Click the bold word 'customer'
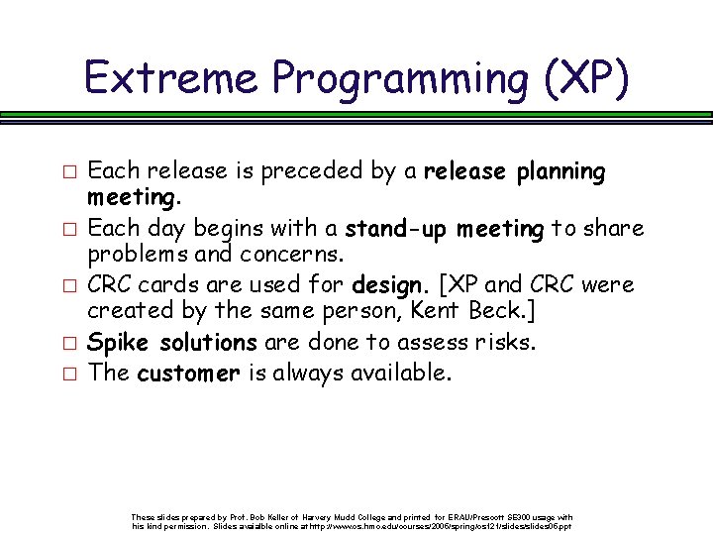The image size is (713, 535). point(188,374)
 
